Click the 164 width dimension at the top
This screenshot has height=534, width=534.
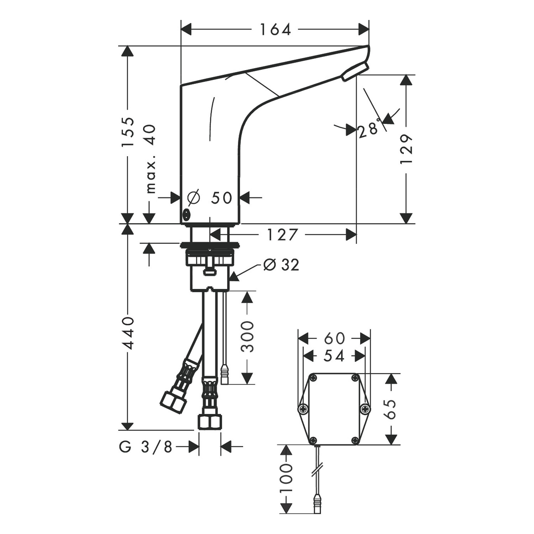275,30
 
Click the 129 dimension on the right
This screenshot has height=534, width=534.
406,149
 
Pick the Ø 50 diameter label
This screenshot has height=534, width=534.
210,198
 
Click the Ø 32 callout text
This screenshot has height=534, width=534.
281,265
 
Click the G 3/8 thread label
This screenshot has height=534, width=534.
146,446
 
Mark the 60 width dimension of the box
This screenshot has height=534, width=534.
334,338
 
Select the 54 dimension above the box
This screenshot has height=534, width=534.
334,356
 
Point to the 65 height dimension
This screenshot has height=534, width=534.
391,409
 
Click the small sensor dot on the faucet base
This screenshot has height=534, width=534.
186,214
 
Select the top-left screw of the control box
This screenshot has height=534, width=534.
313,378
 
